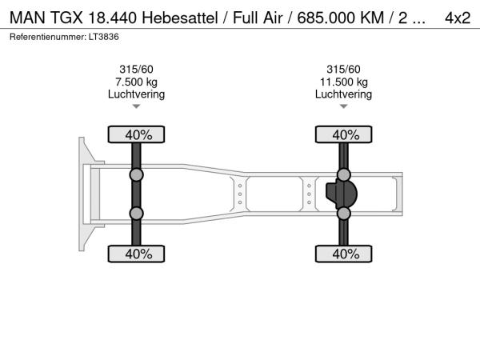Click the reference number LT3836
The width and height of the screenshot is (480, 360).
104,37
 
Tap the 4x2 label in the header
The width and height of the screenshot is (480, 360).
458,18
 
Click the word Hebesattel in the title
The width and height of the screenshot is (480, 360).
180,18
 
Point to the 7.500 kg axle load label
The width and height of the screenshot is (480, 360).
136,82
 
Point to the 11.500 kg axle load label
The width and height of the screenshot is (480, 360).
344,82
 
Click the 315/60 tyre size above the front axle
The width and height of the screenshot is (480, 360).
136,70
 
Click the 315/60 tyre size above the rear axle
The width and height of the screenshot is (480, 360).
343,70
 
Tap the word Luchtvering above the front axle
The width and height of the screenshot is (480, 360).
136,94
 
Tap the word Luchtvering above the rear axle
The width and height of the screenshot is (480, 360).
343,94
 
